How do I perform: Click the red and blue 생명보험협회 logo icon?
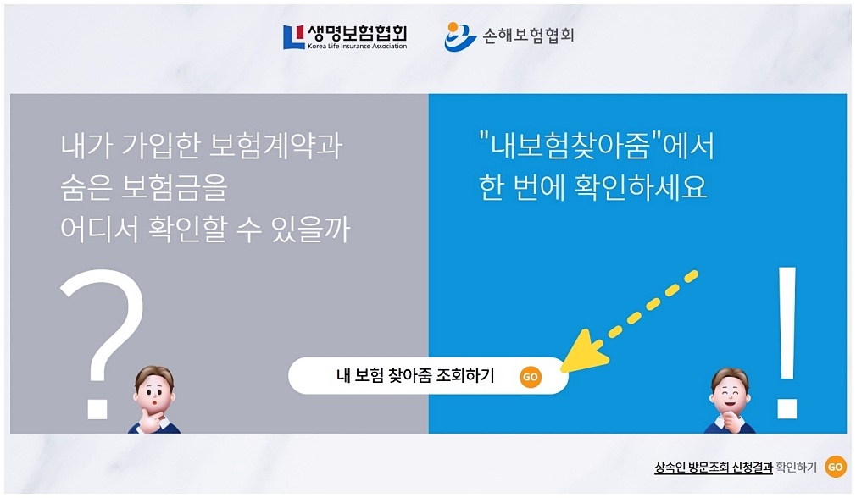pos(293,37)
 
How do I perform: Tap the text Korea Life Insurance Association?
pos(357,47)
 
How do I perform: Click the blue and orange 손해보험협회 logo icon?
pos(459,36)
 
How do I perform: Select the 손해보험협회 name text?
pos(528,36)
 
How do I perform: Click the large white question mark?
pos(102,344)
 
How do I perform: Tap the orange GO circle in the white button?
pos(530,376)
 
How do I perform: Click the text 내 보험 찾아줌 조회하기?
pos(415,375)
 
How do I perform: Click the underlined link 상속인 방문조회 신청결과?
pos(714,468)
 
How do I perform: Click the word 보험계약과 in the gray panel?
pos(276,146)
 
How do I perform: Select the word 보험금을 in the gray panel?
pos(174,187)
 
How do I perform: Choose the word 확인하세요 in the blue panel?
pos(641,187)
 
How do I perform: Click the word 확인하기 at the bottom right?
pos(796,468)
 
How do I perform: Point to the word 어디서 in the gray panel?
pos(99,229)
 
